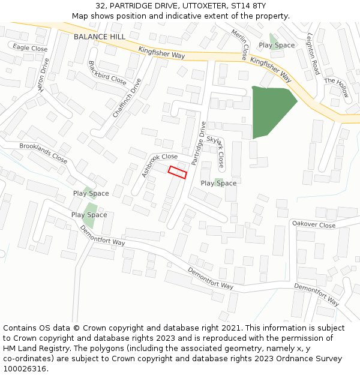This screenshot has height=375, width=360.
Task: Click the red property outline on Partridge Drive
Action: coord(178,172)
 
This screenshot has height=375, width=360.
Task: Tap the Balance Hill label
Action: coord(100,37)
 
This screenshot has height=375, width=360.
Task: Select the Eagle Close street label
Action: coord(30,48)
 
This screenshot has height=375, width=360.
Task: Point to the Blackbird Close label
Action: coord(107,73)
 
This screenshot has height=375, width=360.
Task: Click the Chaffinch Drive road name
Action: coord(127,98)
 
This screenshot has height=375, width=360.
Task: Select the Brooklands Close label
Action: coord(43,153)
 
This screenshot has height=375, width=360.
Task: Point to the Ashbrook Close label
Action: coord(160,164)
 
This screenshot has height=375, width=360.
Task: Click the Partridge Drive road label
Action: coord(199,143)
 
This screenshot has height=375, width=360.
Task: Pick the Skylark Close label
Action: coord(217,151)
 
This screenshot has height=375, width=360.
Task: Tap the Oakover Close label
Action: coord(314,224)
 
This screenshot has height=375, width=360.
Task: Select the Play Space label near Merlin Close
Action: coord(277,45)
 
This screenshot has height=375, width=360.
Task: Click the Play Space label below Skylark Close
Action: coord(218,183)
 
